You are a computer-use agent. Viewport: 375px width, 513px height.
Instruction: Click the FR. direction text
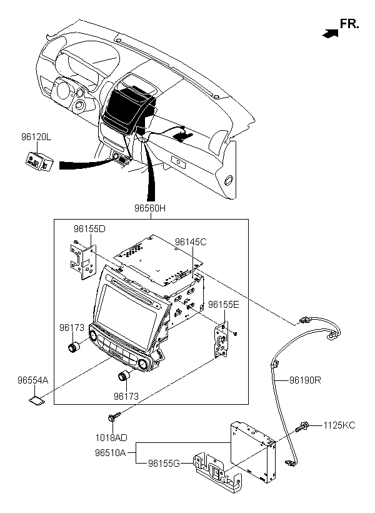349,24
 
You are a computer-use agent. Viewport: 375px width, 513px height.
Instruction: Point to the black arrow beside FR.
330,33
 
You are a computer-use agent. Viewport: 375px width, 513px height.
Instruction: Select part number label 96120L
36,137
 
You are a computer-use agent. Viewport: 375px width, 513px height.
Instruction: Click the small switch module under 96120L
39,161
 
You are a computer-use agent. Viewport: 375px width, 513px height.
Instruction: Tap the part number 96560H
150,208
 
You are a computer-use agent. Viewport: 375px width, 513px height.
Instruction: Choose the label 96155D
89,229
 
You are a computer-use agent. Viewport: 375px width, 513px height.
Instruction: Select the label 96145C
191,241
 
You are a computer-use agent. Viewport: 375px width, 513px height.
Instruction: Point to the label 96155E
224,305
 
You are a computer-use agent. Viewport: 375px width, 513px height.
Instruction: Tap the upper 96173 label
72,327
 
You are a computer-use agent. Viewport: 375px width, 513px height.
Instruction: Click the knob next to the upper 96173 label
74,347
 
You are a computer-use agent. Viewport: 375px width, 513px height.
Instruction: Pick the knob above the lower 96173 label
124,375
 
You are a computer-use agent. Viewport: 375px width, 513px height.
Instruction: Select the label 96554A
32,380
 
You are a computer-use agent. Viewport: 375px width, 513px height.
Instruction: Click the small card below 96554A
36,400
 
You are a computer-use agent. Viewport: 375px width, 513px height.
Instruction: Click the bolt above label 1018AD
114,417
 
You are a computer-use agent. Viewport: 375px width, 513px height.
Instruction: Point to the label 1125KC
339,425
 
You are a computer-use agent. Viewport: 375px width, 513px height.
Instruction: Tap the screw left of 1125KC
302,427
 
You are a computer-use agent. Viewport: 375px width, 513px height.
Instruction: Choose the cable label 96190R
305,380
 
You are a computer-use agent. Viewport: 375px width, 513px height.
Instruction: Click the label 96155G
164,464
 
